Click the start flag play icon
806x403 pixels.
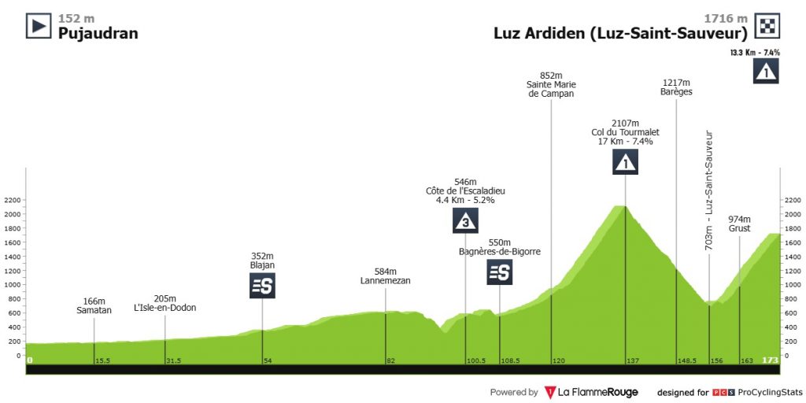39,26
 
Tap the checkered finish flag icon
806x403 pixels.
767,26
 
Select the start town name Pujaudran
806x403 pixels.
98,33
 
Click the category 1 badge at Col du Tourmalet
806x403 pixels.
625,162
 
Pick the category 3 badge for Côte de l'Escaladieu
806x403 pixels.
465,221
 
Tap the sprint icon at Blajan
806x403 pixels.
262,286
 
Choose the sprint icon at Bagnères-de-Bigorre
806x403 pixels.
500,272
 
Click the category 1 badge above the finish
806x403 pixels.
767,72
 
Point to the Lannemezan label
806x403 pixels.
386,281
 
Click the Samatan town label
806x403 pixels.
94,310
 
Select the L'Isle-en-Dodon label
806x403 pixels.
165,308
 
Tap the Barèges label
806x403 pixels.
676,92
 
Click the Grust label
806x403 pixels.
740,229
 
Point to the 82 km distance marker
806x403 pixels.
390,360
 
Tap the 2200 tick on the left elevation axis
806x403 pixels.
12,200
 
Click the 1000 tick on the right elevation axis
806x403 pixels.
792,285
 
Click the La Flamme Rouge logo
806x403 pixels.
590,392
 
